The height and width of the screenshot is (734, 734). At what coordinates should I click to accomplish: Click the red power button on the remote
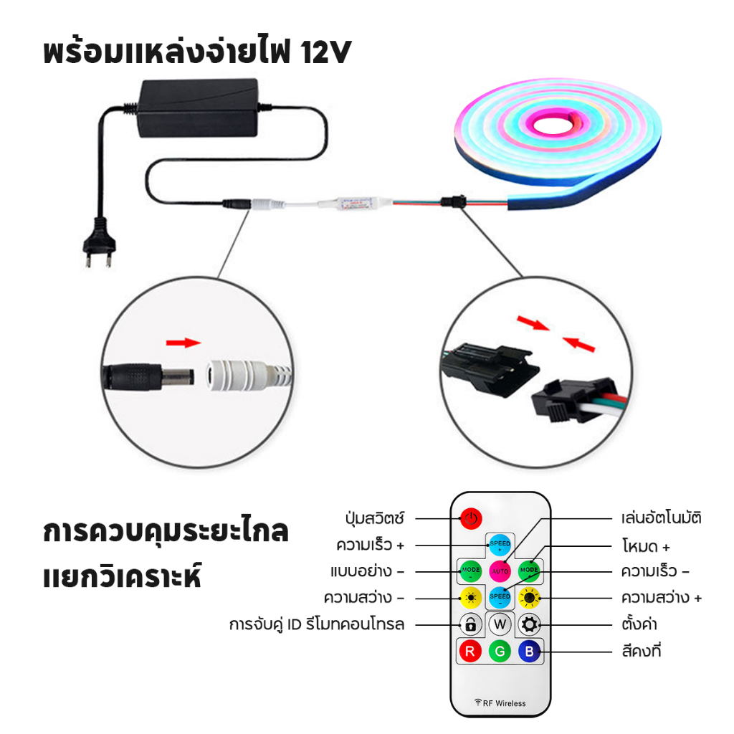(471, 519)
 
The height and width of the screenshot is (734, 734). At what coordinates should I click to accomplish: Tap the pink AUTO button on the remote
(500, 571)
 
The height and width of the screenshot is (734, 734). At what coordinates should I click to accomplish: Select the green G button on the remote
(500, 651)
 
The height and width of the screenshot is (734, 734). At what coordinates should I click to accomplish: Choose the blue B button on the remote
(530, 651)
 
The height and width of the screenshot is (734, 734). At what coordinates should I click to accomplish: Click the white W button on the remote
(500, 624)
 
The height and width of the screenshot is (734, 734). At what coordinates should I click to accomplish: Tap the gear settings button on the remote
(530, 624)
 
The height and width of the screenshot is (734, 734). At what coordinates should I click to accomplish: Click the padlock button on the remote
(471, 624)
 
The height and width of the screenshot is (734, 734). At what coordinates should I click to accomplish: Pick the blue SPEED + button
(500, 545)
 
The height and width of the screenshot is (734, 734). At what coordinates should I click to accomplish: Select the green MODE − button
(471, 571)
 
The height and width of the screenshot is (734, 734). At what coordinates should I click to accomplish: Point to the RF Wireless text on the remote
(500, 703)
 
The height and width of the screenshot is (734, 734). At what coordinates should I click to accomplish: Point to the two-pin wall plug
(99, 242)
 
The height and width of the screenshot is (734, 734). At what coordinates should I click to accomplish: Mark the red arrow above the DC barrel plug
(183, 343)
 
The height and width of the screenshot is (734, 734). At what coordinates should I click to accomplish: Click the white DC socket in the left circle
(248, 374)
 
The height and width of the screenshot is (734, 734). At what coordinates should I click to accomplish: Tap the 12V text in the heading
(326, 52)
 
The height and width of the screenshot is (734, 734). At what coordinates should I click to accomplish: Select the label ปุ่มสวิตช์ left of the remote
(374, 518)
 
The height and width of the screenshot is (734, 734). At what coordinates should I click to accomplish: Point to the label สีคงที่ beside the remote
(641, 650)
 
